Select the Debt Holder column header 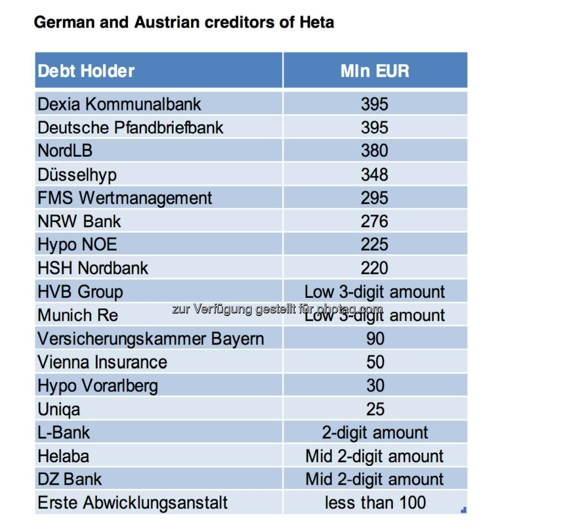(86, 71)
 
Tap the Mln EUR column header (375, 71)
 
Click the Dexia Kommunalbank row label (119, 104)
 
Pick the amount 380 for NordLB (375, 151)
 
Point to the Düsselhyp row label (77, 174)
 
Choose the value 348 (375, 174)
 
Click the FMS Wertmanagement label (125, 197)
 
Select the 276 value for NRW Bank (375, 221)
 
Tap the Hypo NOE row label (77, 244)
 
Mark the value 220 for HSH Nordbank (375, 268)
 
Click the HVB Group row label (80, 291)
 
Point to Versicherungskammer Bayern (151, 338)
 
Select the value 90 (375, 338)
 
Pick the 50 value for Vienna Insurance (375, 362)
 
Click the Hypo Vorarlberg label (98, 385)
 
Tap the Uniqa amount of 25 (375, 409)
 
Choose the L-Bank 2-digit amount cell (375, 432)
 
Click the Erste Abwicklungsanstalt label (132, 502)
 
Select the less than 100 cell (375, 502)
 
